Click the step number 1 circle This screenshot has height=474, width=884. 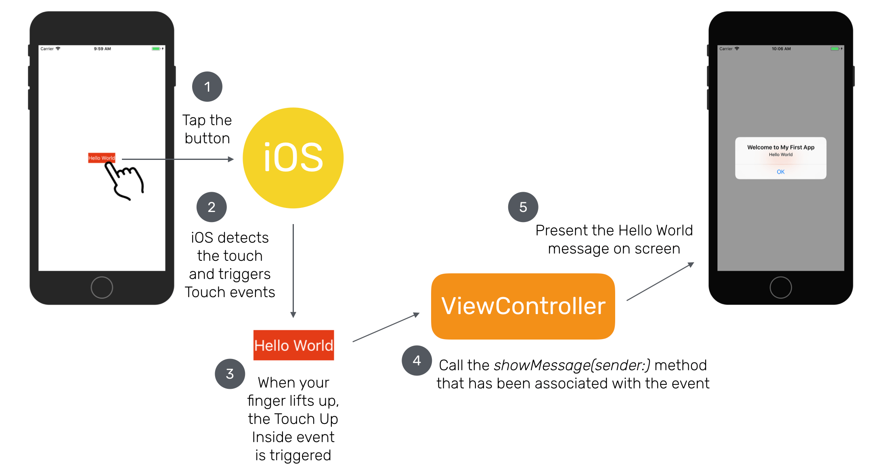[x=207, y=87]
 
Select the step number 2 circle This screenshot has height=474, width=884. [x=212, y=207]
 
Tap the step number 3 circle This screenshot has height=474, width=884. [x=230, y=374]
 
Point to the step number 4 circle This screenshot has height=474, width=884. [x=417, y=361]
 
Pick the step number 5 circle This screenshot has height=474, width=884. [x=523, y=207]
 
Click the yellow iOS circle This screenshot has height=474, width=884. [x=293, y=158]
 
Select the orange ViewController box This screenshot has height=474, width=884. [x=523, y=306]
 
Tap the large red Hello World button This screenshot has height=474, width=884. [x=293, y=345]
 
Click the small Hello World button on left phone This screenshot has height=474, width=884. [x=101, y=158]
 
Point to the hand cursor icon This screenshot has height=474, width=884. [x=124, y=182]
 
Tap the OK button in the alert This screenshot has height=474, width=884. [x=780, y=172]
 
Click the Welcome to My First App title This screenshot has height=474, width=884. [x=780, y=147]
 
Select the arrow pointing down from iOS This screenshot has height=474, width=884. [x=293, y=271]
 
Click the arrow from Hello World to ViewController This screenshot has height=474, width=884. [x=386, y=327]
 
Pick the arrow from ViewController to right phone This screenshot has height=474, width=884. [x=660, y=281]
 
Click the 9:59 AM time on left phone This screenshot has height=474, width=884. [x=102, y=49]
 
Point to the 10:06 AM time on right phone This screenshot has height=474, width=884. [x=781, y=49]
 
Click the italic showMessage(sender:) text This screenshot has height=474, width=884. [x=572, y=365]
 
